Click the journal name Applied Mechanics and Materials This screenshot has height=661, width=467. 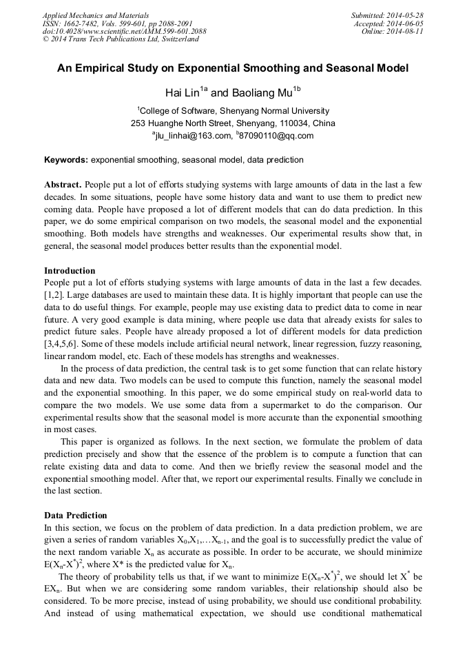[x=95, y=14]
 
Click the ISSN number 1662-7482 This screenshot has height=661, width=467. [x=86, y=23]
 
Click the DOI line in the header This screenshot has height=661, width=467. [x=124, y=31]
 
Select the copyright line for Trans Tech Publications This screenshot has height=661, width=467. [x=121, y=39]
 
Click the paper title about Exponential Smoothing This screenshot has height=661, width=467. [x=233, y=68]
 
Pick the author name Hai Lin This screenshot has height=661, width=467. [x=181, y=92]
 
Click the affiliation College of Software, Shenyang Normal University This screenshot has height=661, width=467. [x=233, y=111]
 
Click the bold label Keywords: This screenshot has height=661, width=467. [x=66, y=160]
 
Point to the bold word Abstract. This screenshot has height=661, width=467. [x=63, y=185]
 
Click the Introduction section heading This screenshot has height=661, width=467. [x=70, y=271]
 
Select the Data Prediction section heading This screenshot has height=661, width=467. [x=76, y=516]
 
